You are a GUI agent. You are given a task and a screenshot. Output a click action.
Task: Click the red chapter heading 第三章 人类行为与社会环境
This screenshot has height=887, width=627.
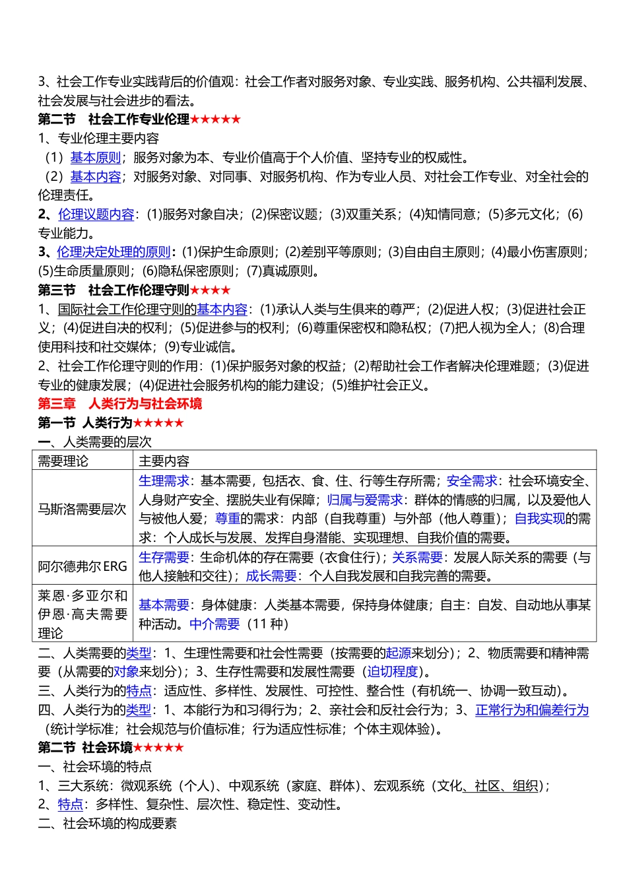(119, 404)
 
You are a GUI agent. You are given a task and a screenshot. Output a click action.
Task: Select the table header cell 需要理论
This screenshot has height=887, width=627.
(63, 461)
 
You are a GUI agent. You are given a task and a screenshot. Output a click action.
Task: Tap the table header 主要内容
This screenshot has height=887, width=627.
(164, 461)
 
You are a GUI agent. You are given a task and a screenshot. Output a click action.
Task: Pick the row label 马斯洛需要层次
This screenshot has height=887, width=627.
(82, 509)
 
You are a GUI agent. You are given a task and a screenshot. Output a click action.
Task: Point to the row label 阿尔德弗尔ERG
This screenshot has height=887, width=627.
(82, 566)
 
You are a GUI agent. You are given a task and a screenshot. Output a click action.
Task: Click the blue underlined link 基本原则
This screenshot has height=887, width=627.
(96, 158)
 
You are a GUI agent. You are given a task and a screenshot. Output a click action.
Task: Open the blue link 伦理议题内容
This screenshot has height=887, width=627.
(96, 214)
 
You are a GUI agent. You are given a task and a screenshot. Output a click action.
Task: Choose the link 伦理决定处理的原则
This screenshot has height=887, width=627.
(114, 252)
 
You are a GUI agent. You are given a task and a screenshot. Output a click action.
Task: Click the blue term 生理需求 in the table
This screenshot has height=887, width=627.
(164, 481)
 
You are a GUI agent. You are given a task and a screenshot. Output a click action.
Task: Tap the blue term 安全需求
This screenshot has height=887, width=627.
(471, 481)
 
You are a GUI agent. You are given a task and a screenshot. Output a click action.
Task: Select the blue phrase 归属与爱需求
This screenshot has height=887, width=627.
(365, 500)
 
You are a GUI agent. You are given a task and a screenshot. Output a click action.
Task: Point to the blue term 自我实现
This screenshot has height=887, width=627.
(540, 519)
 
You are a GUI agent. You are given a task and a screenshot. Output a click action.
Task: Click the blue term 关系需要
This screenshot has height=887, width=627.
(417, 558)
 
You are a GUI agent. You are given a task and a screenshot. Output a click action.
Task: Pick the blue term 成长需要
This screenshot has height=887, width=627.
(271, 576)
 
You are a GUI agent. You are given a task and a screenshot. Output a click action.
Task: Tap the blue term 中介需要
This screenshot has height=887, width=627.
(214, 624)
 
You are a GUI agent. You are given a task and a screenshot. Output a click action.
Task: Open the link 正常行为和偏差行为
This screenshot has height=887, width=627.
(532, 710)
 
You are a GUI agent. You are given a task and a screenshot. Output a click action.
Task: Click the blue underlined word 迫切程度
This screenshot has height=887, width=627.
(393, 672)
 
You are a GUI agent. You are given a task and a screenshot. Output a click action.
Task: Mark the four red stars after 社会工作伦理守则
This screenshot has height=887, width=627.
(211, 290)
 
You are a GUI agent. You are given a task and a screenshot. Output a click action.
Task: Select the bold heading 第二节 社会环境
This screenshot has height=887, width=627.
(85, 748)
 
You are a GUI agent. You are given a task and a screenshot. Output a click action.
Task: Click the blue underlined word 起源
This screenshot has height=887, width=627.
(399, 653)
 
